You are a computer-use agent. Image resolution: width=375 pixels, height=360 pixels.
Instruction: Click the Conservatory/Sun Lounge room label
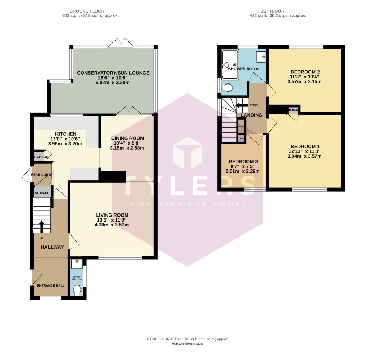[x=113, y=73]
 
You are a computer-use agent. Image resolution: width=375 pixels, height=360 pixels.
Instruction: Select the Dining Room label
[x=127, y=138]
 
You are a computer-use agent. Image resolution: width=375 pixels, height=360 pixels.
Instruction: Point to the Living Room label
[x=112, y=215]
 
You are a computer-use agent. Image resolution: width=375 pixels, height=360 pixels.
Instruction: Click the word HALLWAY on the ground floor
[x=52, y=247]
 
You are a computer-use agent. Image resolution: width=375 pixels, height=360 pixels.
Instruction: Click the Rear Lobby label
[x=42, y=175]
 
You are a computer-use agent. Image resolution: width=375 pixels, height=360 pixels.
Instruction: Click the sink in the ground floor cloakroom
[x=77, y=263]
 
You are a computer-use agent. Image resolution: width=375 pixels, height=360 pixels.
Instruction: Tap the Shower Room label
[x=243, y=69]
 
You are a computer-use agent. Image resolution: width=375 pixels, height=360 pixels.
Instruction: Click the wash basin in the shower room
[x=262, y=57]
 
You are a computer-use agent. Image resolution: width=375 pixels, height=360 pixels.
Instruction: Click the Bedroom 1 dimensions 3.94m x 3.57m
[x=305, y=157]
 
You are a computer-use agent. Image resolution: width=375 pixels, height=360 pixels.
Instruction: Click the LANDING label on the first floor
[x=251, y=115]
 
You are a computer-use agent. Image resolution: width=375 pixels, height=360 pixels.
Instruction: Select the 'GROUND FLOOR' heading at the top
[x=90, y=11]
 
